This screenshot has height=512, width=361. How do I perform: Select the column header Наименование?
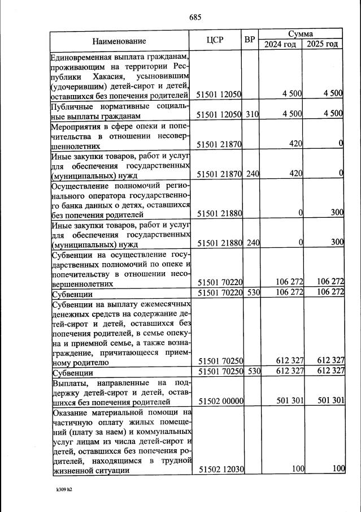click(x=119, y=41)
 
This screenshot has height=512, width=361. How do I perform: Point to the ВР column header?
click(x=250, y=40)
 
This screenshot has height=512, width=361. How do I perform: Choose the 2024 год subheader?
click(x=280, y=45)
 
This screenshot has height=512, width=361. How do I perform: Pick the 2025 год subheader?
click(x=322, y=45)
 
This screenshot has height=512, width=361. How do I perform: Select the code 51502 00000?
click(x=220, y=401)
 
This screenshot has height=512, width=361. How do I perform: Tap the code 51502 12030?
click(x=220, y=468)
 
